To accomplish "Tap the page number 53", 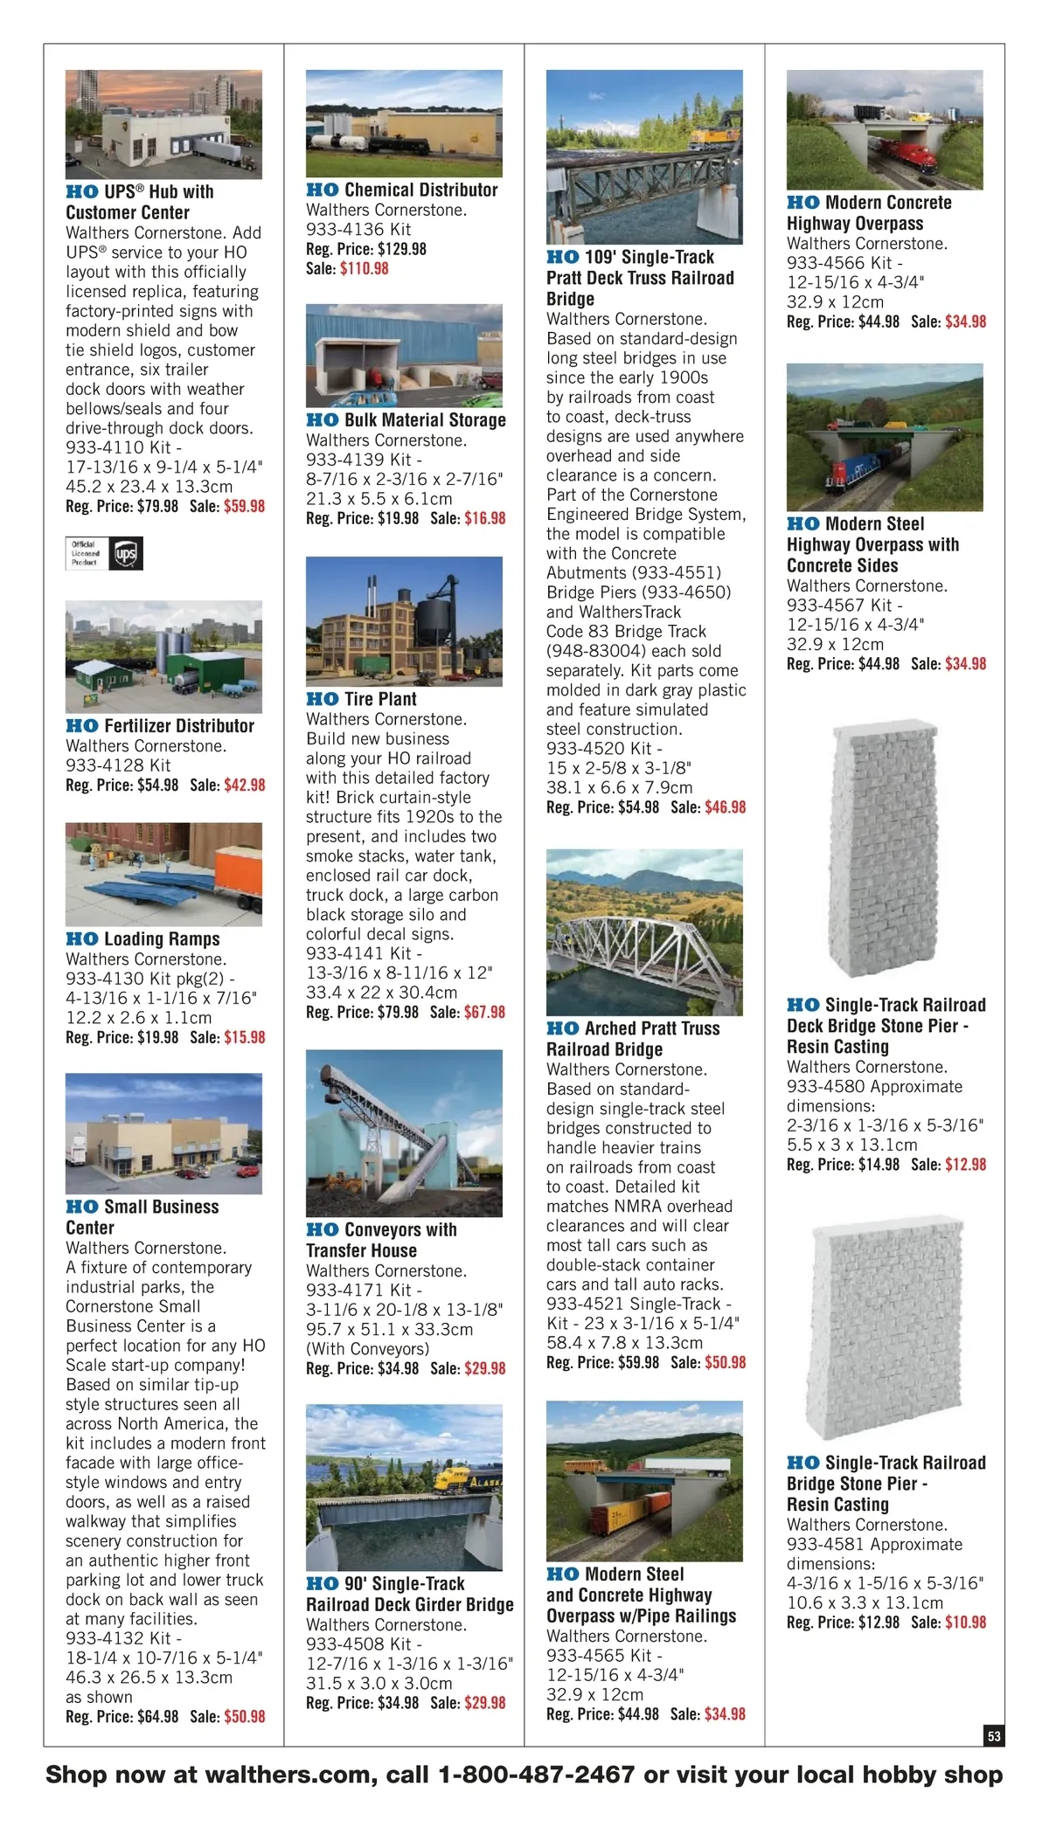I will click(x=994, y=1736).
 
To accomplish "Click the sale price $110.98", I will click(x=365, y=269).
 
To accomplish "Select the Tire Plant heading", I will click(x=361, y=699).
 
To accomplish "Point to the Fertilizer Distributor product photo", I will click(x=163, y=657).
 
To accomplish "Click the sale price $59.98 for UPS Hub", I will click(x=244, y=506).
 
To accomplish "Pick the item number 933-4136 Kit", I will click(x=358, y=230).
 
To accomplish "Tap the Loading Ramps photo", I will click(x=163, y=874).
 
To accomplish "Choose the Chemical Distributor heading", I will click(x=402, y=190).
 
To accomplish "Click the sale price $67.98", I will click(x=484, y=1012).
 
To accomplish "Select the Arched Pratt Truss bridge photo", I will click(x=644, y=931).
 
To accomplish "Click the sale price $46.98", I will click(x=725, y=807).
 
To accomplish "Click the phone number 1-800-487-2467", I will click(x=536, y=1775).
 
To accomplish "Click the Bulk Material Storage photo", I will click(x=404, y=355).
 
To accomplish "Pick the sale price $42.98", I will click(x=245, y=786).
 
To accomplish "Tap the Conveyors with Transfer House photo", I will click(x=404, y=1133).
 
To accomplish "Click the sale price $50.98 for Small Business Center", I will click(x=245, y=1717).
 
